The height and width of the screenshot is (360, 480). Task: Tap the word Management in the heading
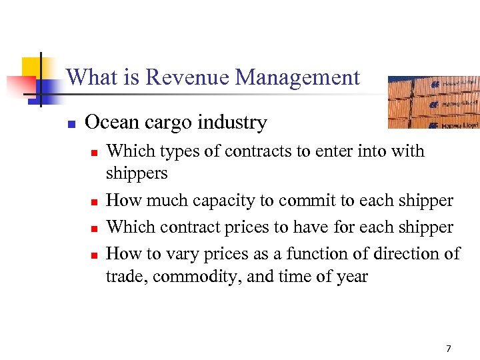pos(297,78)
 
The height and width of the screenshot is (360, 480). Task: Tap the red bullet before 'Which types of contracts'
pos(95,153)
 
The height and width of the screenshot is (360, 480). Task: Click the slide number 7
pos(448,348)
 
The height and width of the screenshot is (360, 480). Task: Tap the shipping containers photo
pos(433,101)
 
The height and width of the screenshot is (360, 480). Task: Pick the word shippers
pos(137,174)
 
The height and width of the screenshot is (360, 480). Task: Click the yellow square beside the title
pos(33,68)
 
